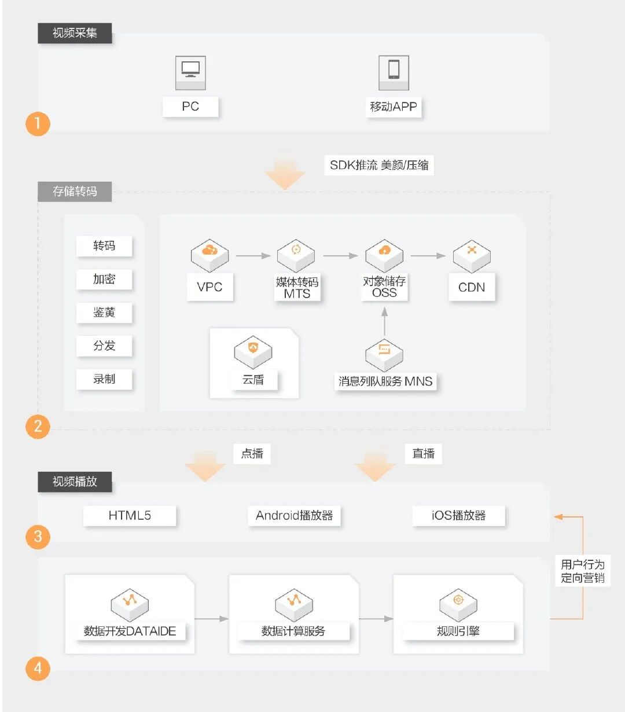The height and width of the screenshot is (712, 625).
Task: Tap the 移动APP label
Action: [394, 107]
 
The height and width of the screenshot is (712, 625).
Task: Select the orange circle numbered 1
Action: [38, 123]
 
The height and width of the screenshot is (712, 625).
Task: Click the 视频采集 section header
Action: [75, 33]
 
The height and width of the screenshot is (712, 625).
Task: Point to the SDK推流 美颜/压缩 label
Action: [379, 165]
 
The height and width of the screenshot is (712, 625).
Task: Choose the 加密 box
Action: [104, 279]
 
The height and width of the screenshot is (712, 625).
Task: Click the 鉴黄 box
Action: [104, 313]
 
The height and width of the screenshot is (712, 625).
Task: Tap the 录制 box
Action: [104, 379]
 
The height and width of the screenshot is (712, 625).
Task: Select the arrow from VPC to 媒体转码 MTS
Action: [253, 255]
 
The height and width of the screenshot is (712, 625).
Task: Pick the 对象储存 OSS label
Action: [384, 287]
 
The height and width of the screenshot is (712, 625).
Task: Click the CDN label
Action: [472, 287]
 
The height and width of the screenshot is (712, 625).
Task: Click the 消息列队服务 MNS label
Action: [385, 381]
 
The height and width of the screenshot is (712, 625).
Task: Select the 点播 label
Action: [252, 453]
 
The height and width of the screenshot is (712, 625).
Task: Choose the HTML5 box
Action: [130, 515]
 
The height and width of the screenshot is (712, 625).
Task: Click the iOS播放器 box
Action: [458, 515]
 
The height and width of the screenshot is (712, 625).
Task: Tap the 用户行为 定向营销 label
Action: [582, 571]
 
